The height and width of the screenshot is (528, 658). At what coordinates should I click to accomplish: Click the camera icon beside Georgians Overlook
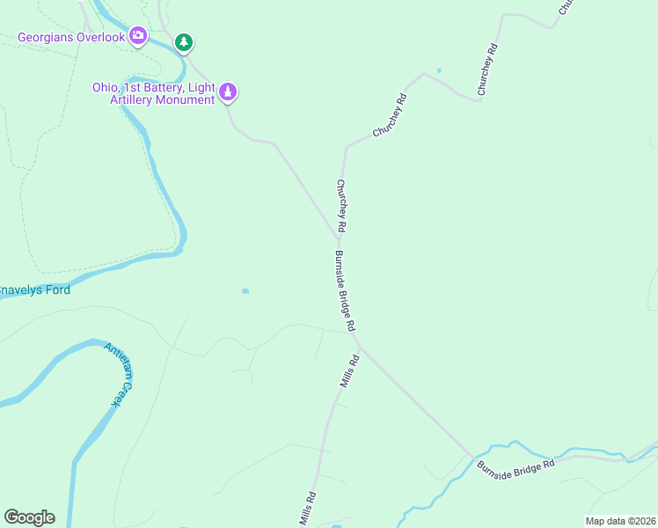tap(138, 36)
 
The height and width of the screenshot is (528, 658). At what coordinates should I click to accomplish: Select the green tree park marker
tap(183, 41)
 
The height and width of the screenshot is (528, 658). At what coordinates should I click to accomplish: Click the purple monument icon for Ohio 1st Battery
tap(228, 92)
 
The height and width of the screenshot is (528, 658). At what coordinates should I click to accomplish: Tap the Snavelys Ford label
tap(35, 290)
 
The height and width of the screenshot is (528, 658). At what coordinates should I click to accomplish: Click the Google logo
tap(29, 517)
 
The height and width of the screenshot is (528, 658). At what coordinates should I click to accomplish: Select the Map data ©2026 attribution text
tap(620, 521)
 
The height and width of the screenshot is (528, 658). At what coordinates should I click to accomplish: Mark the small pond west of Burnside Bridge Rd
tap(245, 290)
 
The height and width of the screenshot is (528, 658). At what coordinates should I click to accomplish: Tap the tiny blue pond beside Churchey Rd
tap(438, 70)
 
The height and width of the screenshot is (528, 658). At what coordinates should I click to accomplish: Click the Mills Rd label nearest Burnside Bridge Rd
tap(350, 371)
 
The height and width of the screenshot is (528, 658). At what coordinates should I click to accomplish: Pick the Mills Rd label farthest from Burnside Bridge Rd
tap(306, 510)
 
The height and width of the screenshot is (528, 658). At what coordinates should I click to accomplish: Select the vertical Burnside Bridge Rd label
tap(344, 290)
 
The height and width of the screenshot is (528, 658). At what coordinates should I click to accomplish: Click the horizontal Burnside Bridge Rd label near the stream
tap(516, 466)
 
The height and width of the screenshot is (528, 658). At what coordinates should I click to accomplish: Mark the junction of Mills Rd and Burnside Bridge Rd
tap(359, 347)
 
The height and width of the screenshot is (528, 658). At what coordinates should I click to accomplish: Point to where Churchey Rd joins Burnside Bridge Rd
tap(340, 238)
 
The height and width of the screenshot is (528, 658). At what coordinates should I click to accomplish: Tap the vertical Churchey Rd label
tap(340, 207)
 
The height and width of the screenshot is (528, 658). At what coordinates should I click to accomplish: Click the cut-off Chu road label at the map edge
tap(566, 6)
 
